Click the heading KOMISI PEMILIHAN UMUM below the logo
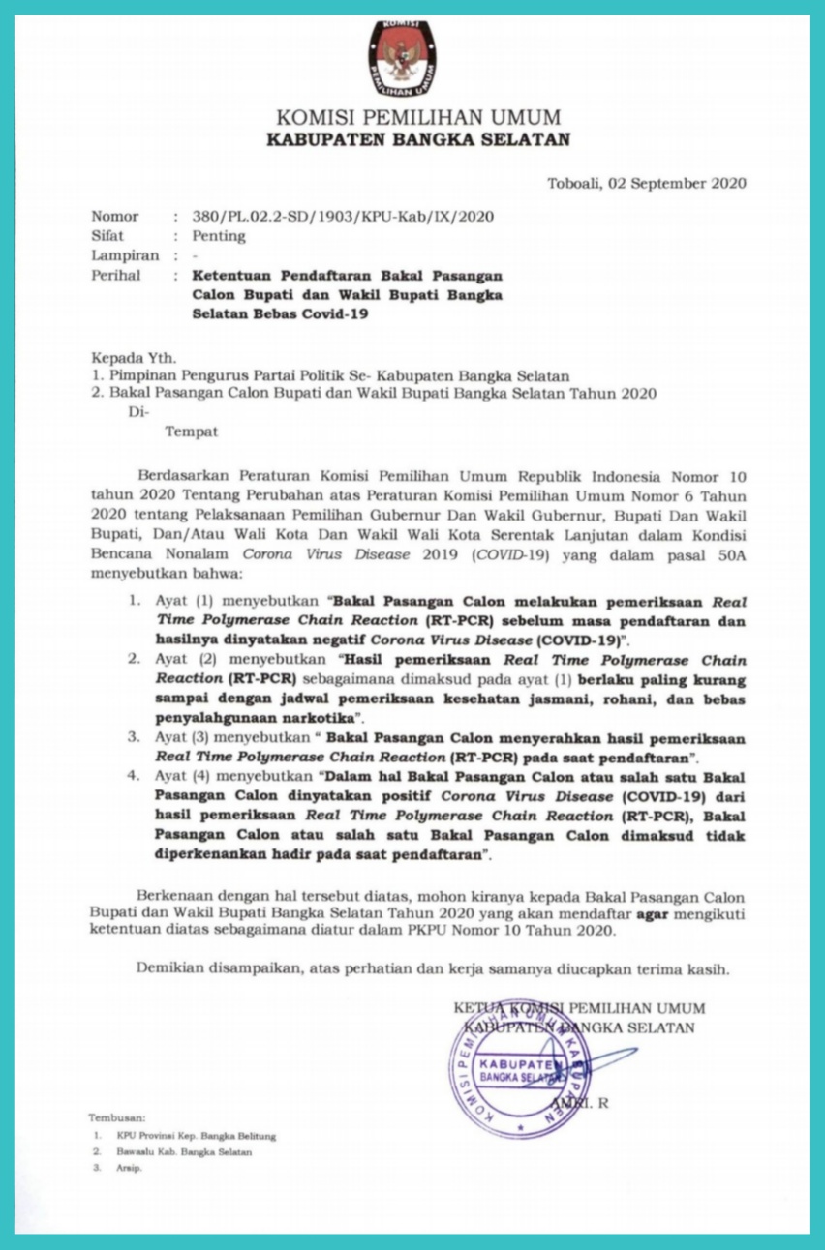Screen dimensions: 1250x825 pos(418,118)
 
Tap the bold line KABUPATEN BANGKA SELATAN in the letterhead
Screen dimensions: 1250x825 pos(418,139)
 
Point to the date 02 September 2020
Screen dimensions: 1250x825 pos(684,182)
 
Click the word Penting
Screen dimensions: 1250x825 pos(219,236)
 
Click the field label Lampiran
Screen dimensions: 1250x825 pos(125,255)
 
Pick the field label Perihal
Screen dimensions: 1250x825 pos(117,275)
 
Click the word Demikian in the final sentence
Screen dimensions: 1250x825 pos(169,968)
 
